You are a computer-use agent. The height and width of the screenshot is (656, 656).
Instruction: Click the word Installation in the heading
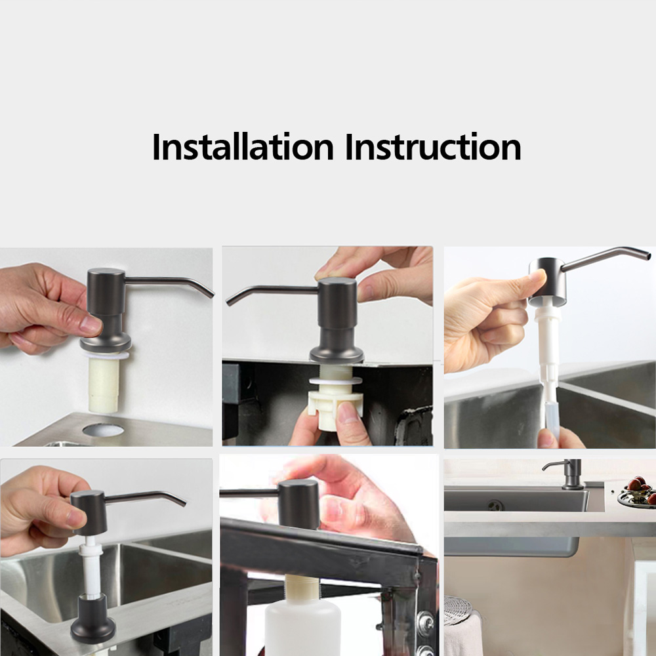tap(243, 146)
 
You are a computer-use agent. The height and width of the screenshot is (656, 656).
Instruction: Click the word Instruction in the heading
tap(433, 146)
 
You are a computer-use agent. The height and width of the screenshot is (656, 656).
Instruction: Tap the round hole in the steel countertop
tap(103, 430)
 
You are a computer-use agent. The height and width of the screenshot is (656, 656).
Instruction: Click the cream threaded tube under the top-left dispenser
tap(104, 384)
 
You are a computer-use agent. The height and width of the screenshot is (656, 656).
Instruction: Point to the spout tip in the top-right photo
tap(648, 254)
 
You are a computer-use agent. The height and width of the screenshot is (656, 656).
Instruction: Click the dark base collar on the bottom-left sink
tap(92, 618)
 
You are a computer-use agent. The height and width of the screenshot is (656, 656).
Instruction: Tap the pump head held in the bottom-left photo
tap(89, 512)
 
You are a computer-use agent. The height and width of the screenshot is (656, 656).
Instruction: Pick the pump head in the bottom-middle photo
tap(298, 504)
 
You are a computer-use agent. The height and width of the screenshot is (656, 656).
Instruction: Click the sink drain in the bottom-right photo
tap(496, 505)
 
